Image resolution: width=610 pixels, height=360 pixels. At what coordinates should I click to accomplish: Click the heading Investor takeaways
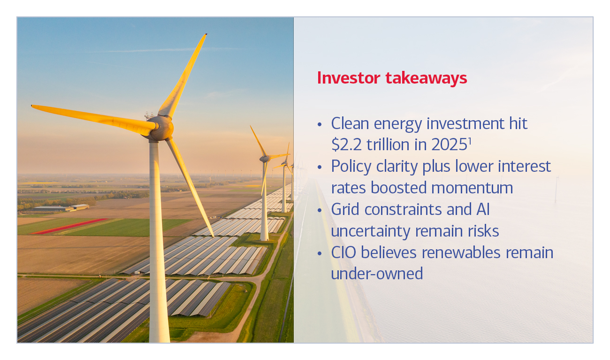tap(392, 78)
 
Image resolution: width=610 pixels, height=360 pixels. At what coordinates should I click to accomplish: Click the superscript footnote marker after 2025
tap(470, 141)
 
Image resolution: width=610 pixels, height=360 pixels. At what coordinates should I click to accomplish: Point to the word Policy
tap(353, 166)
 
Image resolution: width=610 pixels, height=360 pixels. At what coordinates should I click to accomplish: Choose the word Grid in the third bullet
tap(347, 209)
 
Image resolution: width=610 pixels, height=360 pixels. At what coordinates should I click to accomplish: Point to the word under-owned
tap(377, 274)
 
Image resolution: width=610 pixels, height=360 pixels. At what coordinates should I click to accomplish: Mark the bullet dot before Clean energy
tap(320, 125)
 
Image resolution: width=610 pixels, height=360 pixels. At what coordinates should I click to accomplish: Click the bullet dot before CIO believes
tap(320, 253)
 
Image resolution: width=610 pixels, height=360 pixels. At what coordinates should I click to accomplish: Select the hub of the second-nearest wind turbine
tap(265, 159)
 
